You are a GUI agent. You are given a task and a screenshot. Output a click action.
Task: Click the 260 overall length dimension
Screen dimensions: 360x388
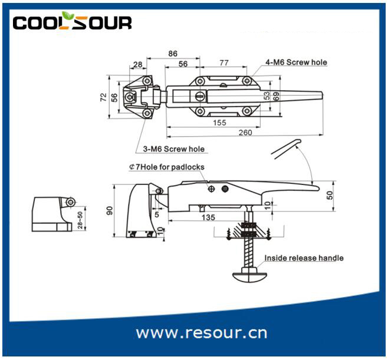[x=245, y=133]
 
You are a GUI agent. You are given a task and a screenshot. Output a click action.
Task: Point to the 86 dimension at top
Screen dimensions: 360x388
[x=172, y=54]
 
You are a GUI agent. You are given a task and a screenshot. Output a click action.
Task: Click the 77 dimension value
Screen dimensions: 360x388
[x=224, y=63]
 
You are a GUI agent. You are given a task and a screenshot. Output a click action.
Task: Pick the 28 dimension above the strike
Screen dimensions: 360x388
[x=137, y=64]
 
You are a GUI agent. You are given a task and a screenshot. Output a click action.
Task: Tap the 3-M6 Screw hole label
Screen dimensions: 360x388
[x=176, y=149]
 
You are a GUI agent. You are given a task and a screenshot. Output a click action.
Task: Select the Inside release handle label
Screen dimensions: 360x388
[x=304, y=257]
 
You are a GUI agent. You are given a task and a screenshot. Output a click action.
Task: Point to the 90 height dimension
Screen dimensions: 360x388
[x=110, y=210]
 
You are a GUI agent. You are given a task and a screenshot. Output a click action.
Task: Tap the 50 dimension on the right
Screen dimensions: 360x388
[x=330, y=194]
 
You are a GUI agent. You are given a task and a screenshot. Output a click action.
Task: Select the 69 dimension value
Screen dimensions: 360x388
[x=275, y=95]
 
